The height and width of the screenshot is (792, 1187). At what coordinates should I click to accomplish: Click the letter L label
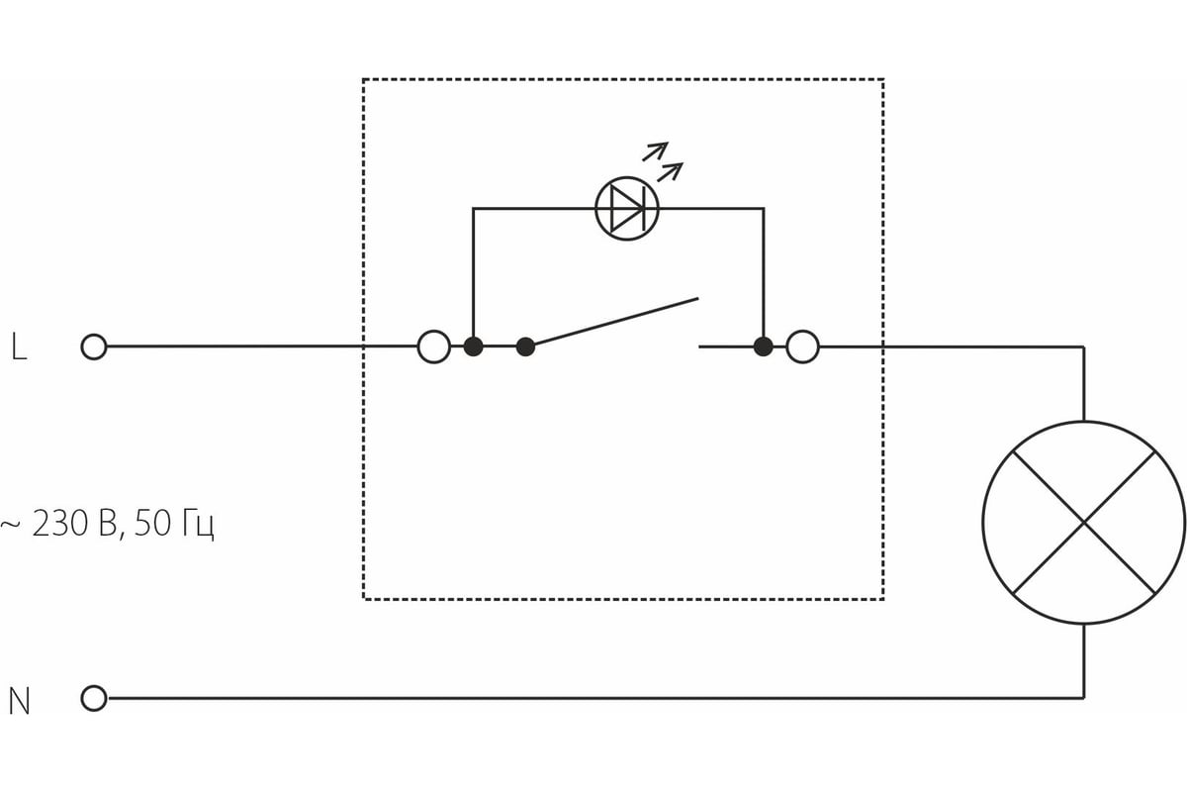click(x=18, y=347)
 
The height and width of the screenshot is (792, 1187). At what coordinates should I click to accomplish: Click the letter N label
click(x=19, y=701)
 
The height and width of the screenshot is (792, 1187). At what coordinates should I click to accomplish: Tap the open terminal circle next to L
click(x=93, y=347)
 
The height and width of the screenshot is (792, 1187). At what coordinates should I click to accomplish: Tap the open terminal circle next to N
click(x=93, y=699)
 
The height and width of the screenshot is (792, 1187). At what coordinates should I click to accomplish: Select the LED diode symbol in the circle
click(x=627, y=208)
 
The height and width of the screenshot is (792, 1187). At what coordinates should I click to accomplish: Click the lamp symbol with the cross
click(x=1084, y=523)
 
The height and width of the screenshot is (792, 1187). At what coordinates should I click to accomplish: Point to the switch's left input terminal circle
click(x=434, y=346)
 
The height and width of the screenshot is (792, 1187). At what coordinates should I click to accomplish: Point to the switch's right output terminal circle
click(x=802, y=346)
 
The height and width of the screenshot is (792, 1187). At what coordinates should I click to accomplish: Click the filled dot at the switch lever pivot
click(x=526, y=346)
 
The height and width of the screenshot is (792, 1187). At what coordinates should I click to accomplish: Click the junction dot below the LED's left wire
click(x=474, y=346)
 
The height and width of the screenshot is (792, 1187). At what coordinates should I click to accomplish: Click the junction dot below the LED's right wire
click(x=763, y=346)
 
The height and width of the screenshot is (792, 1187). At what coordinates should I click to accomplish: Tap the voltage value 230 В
click(x=76, y=524)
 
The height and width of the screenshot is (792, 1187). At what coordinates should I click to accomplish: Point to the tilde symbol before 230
click(x=10, y=525)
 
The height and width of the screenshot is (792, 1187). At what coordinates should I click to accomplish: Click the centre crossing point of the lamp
click(x=1084, y=523)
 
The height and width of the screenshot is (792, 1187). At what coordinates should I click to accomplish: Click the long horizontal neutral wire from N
click(x=593, y=698)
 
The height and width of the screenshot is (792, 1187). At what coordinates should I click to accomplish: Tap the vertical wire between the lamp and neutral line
click(x=1084, y=661)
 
